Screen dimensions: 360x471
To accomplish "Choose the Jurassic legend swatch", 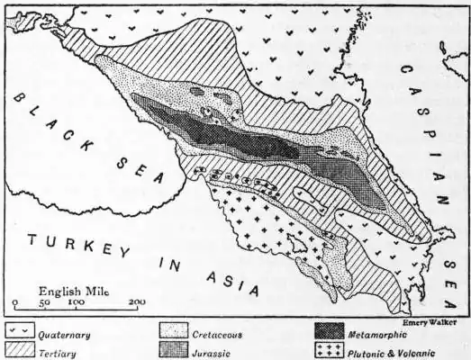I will pos(175,352).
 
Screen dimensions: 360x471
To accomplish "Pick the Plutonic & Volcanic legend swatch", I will pos(328,352).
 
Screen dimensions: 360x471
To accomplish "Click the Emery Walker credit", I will pos(430,320).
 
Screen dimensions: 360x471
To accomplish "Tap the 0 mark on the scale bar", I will pos(15,303).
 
